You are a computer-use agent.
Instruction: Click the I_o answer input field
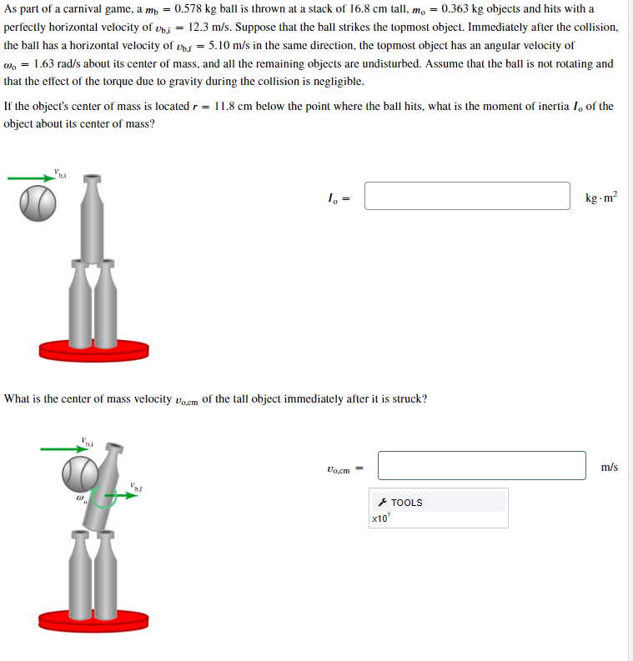467,197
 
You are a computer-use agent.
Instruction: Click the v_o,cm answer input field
481,466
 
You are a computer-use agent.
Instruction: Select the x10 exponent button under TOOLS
380,518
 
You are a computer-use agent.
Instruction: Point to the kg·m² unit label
601,198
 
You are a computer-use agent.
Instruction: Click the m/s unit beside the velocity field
609,467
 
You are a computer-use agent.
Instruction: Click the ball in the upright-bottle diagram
38,203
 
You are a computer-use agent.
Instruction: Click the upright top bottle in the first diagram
93,221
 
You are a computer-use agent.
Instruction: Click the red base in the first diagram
93,350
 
